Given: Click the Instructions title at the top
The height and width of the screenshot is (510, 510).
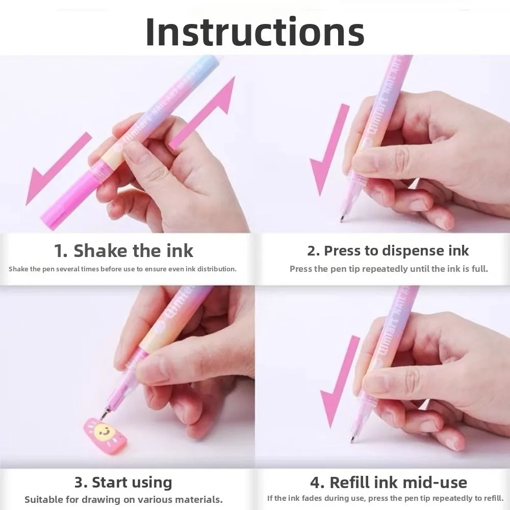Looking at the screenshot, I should coord(255,32).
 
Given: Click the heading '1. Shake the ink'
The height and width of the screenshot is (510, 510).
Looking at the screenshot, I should coord(124,251).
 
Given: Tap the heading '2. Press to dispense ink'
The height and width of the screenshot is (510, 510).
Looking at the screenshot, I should coord(388,251).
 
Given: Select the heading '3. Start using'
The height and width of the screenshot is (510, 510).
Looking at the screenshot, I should coord(123,482).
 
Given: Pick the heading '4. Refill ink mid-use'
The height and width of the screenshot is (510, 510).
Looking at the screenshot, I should coord(388,482).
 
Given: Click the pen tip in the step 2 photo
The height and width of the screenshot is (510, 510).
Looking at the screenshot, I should coord(342,219).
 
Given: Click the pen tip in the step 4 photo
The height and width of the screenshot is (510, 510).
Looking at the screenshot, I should coord(351,439).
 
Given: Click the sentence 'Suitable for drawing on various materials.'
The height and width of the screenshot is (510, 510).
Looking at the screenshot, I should coord(123,499).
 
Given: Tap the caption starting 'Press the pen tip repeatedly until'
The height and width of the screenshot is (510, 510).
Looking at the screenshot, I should coord(389,269).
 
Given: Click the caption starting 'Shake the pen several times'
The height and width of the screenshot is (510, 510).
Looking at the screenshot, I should coord(122,269).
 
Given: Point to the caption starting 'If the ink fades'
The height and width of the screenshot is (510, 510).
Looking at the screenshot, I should coord(385,498).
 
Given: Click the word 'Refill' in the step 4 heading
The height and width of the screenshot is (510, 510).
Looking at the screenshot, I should coord(354,482).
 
